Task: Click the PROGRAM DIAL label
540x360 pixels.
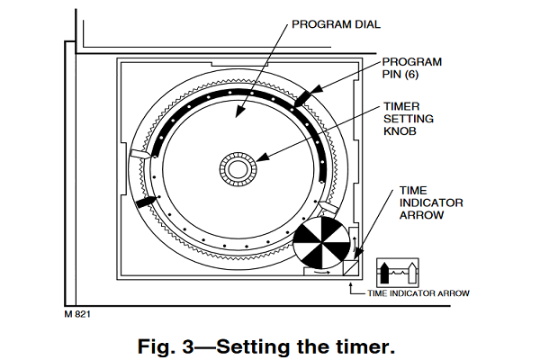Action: (336, 24)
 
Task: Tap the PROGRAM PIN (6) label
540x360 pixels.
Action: (411, 67)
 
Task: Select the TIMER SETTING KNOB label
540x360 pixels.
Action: (409, 119)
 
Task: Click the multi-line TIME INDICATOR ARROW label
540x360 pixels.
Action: (431, 202)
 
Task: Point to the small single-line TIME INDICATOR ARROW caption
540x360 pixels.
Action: (418, 293)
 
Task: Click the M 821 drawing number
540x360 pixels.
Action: (77, 314)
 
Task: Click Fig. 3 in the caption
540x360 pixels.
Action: (166, 346)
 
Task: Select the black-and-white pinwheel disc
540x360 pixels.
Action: (321, 243)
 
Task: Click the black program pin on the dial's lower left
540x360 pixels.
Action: (147, 202)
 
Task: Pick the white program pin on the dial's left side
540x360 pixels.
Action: (139, 154)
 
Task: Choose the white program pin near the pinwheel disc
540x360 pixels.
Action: (328, 207)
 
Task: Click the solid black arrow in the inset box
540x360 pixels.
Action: (384, 273)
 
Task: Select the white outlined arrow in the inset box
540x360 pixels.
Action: (412, 273)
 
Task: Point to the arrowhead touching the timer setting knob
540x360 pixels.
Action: (262, 157)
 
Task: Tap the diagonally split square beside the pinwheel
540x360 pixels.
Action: (351, 267)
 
